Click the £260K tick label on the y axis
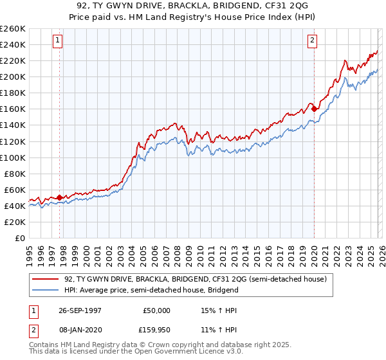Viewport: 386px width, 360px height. click(x=13, y=29)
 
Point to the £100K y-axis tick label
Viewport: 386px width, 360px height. click(x=13, y=157)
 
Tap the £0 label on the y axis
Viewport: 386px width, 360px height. click(x=19, y=239)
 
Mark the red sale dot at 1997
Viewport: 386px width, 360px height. click(x=60, y=197)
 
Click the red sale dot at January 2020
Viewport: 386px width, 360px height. click(x=314, y=109)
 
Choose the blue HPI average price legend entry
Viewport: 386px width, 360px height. click(x=151, y=290)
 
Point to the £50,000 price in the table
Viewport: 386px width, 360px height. click(x=154, y=310)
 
